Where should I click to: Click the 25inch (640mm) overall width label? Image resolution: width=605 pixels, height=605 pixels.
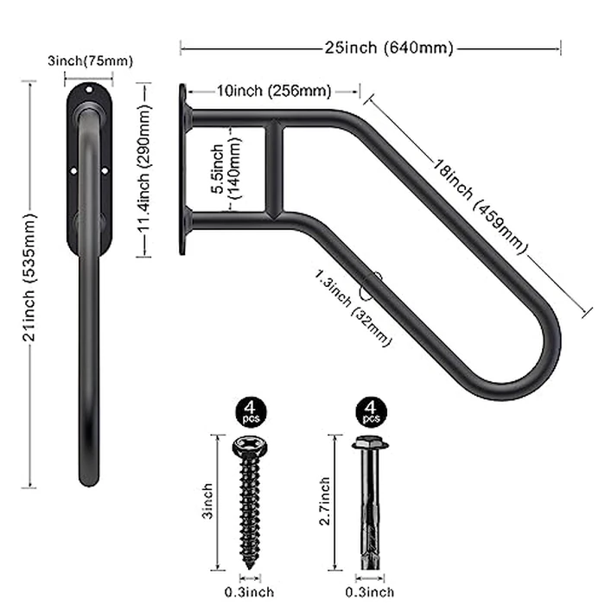(370, 48)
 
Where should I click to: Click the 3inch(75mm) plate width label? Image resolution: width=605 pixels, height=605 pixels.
(90, 60)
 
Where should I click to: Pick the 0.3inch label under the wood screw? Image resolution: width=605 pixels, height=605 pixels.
(250, 592)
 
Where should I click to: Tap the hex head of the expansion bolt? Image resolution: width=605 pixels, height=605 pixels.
(371, 445)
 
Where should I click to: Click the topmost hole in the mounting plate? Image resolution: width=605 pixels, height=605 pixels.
(89, 88)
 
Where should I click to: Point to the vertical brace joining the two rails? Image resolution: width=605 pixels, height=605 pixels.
(274, 169)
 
